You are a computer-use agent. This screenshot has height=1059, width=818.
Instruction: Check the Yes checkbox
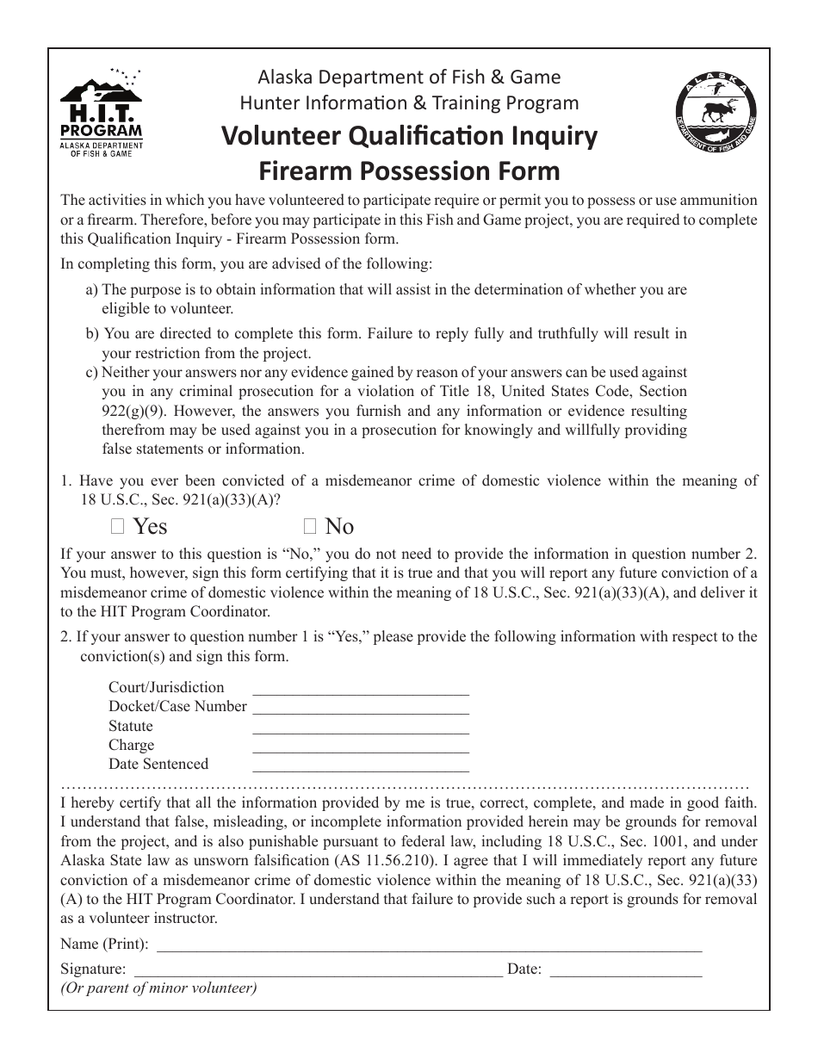118,527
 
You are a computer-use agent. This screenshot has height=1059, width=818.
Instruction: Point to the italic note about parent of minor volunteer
158,988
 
